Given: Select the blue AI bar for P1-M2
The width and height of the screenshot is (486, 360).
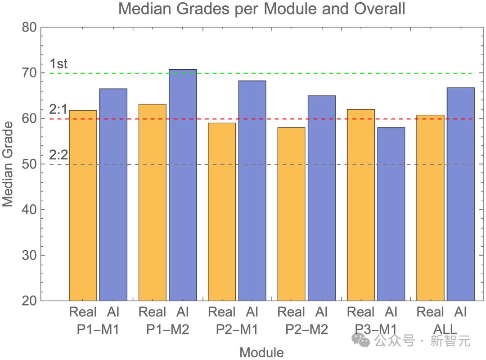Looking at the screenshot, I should (183, 185).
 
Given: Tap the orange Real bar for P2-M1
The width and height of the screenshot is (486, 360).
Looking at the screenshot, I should (222, 211).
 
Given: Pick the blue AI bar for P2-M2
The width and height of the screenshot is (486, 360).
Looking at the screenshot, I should (322, 198).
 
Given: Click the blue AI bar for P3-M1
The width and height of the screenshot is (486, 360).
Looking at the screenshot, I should (391, 214).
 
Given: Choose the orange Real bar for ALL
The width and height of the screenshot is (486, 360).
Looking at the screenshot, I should (430, 207).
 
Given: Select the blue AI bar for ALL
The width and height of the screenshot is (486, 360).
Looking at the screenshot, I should (461, 194).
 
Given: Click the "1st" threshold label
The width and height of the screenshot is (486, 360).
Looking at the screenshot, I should (58, 64).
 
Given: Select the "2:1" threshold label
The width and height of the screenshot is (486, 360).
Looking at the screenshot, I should (58, 109).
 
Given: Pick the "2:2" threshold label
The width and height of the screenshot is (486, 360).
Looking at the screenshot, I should (58, 155).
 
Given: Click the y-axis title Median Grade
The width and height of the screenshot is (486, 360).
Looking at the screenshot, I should (8, 164).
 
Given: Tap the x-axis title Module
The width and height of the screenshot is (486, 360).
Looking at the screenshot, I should (261, 352).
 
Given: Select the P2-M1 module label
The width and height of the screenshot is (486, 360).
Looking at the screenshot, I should (237, 329).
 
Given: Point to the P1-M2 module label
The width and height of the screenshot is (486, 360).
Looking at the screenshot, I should (167, 329).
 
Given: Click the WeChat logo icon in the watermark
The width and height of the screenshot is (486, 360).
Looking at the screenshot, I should (361, 340).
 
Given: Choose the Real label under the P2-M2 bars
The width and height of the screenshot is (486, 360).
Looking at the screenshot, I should (291, 312).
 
